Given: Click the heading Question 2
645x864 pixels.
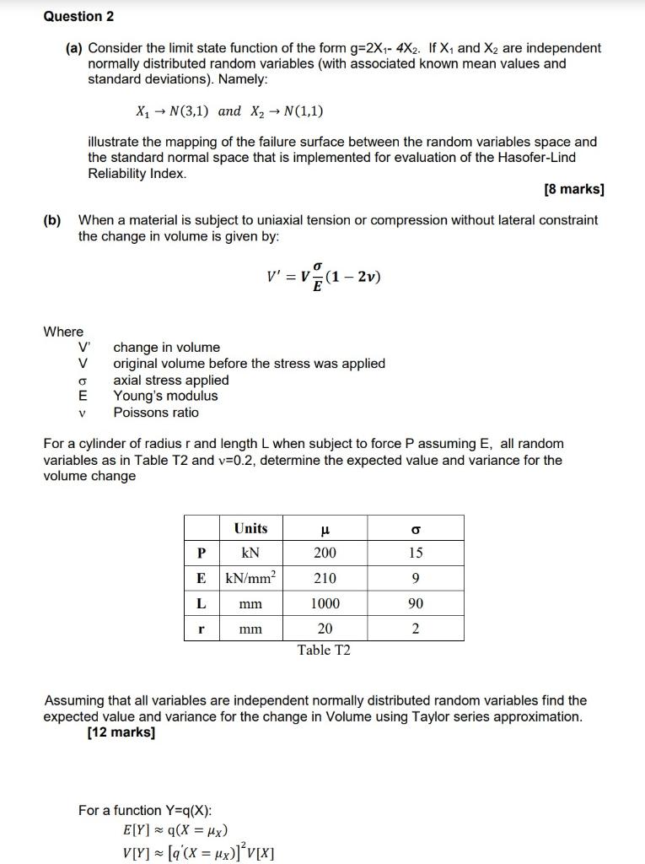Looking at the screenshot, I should pyautogui.click(x=78, y=17).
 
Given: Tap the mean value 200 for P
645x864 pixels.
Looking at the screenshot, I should pyautogui.click(x=325, y=553).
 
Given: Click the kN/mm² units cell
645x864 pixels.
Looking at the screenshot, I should pyautogui.click(x=250, y=578).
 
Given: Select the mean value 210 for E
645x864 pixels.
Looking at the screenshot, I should pyautogui.click(x=325, y=578).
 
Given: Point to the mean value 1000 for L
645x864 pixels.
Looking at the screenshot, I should pyautogui.click(x=325, y=603).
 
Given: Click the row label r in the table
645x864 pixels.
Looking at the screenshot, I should pyautogui.click(x=202, y=629).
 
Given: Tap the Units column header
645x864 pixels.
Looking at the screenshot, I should pyautogui.click(x=250, y=528).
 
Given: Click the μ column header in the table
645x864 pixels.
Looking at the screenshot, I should pyautogui.click(x=325, y=529).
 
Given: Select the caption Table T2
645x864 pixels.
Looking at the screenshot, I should pyautogui.click(x=324, y=651).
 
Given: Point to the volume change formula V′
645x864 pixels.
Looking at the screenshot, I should pyautogui.click(x=323, y=277).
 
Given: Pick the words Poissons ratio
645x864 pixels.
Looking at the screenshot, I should pyautogui.click(x=156, y=413).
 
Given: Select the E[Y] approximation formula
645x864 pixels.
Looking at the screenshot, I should pyautogui.click(x=175, y=829).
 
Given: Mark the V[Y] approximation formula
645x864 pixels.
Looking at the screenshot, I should pyautogui.click(x=198, y=850).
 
